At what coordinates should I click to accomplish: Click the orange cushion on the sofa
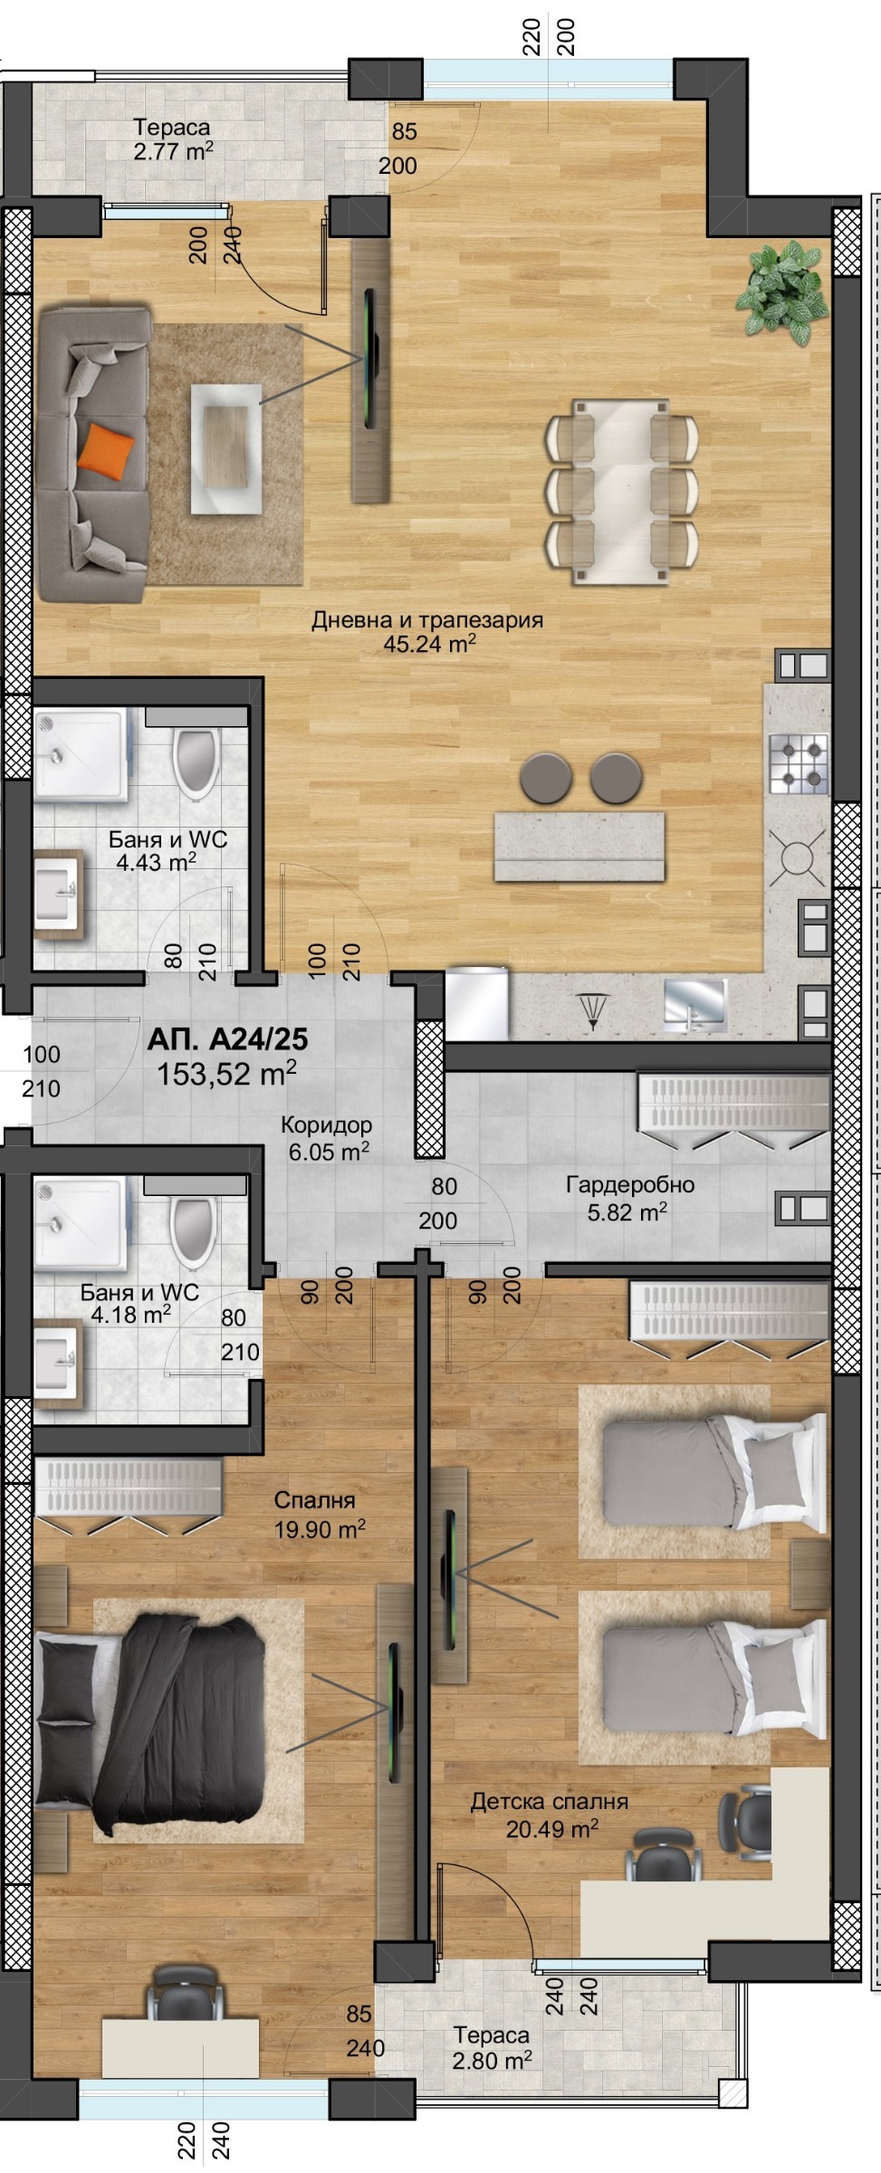(105, 447)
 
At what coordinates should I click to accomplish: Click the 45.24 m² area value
(430, 644)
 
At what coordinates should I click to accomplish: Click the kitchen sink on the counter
(694, 1005)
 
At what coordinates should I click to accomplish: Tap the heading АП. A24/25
(227, 1039)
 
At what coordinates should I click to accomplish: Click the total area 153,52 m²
(226, 1074)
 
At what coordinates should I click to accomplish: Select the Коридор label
(326, 1125)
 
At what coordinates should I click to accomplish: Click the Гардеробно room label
(630, 1184)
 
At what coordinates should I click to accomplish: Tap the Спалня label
(314, 1500)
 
